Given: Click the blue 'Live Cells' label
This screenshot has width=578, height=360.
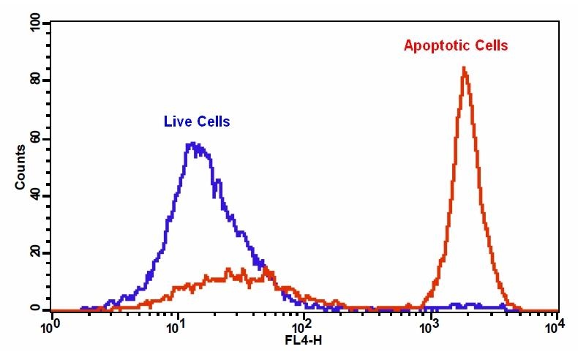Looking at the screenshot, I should (x=196, y=121).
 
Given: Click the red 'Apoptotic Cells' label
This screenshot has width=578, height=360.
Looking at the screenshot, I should (x=455, y=45).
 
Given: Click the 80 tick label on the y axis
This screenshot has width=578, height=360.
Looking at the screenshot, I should (x=33, y=80).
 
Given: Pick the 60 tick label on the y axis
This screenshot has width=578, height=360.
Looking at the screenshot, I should (x=33, y=138).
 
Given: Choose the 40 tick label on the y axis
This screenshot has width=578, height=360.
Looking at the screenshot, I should (x=33, y=195).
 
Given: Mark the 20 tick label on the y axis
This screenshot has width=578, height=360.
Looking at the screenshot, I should (x=33, y=253).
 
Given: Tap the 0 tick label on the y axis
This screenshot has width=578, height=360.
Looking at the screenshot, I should (x=34, y=310).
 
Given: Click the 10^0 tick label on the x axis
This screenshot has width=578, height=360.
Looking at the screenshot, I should (x=50, y=325).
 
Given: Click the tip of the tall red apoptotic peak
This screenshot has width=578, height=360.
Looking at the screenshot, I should (x=464, y=68).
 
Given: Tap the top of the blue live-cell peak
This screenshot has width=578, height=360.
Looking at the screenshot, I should (x=193, y=143).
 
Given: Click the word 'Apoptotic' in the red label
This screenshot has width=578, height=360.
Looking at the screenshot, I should (x=438, y=45).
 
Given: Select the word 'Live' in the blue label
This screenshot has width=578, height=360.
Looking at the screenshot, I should (x=176, y=121).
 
